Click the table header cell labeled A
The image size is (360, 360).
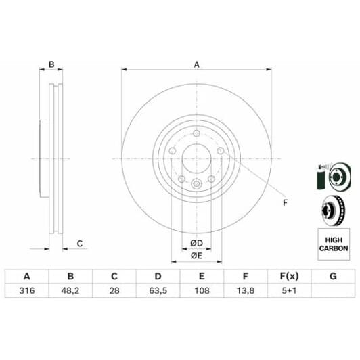pyautogui.click(x=27, y=275)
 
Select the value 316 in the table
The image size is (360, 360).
pyautogui.click(x=27, y=291)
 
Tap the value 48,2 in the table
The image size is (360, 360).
pyautogui.click(x=70, y=291)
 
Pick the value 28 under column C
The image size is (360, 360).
pyautogui.click(x=114, y=291)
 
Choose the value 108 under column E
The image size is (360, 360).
pyautogui.click(x=201, y=291)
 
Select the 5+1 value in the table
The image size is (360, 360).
pyautogui.click(x=288, y=291)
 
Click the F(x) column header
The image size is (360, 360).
pyautogui.click(x=288, y=275)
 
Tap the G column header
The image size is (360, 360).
pyautogui.click(x=332, y=275)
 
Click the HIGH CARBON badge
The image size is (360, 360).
pyautogui.click(x=333, y=244)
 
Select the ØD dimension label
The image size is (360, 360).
pyautogui.click(x=196, y=243)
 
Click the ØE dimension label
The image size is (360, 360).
pyautogui.click(x=196, y=255)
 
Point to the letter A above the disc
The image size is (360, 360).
pyautogui.click(x=196, y=64)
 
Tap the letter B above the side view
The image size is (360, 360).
pyautogui.click(x=51, y=65)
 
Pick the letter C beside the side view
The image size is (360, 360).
pyautogui.click(x=79, y=243)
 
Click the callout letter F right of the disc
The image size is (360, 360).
pyautogui.click(x=284, y=202)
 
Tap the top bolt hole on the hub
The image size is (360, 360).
pyautogui.click(x=196, y=133)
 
